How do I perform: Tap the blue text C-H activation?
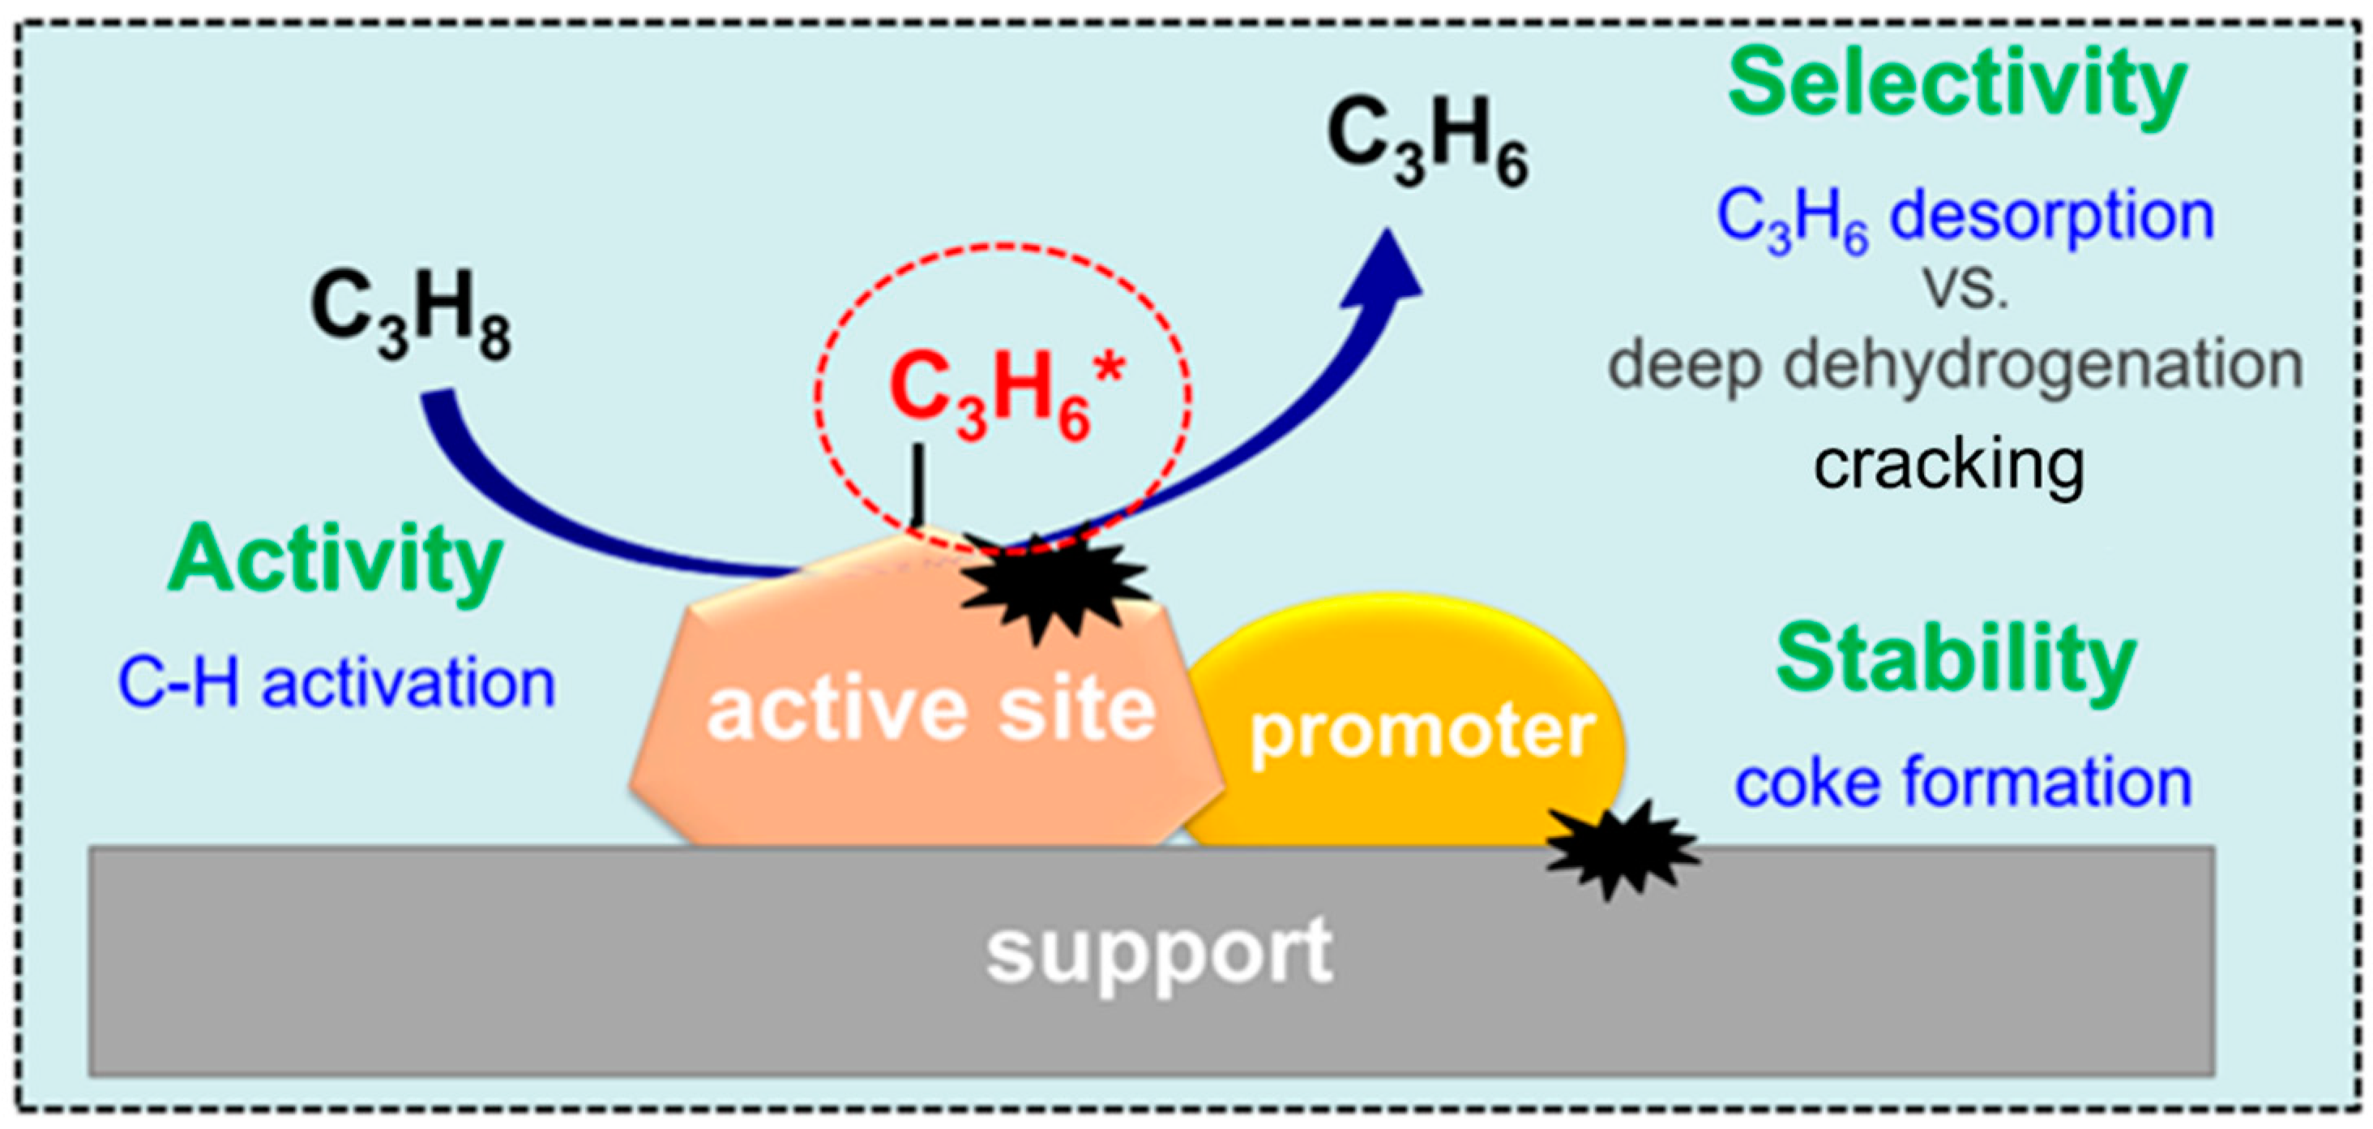pyautogui.click(x=337, y=684)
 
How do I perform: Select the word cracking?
pyautogui.click(x=1949, y=466)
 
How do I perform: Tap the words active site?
pyautogui.click(x=930, y=711)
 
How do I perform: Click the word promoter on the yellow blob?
pyautogui.click(x=1422, y=732)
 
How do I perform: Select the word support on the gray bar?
pyautogui.click(x=1159, y=953)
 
